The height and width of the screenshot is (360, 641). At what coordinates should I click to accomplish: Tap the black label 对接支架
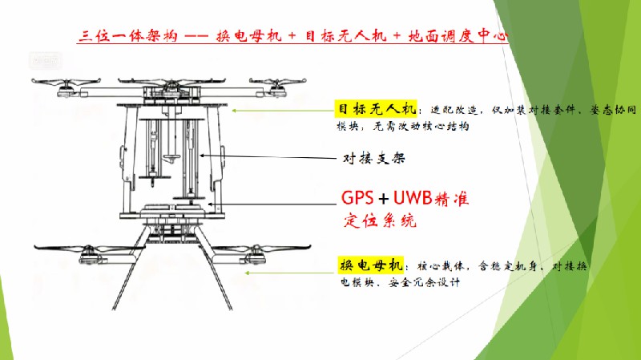[369, 158]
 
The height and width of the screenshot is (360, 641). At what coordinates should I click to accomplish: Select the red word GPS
[359, 198]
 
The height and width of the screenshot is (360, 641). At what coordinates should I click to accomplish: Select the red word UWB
[421, 198]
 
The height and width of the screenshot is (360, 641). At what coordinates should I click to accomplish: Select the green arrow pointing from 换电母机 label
[288, 272]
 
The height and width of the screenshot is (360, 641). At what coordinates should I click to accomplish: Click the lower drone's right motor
[255, 257]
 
